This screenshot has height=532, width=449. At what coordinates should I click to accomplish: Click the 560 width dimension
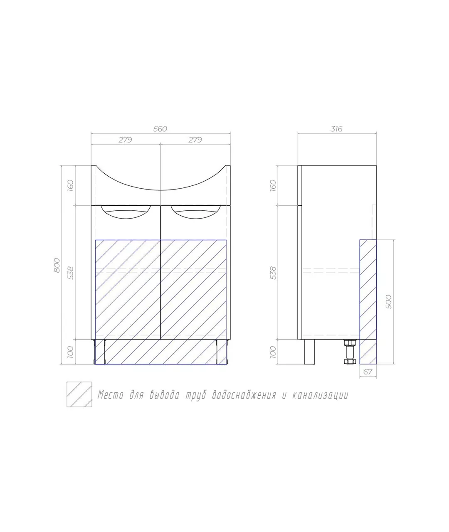[x=160, y=129]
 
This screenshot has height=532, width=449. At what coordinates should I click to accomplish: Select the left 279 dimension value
[x=126, y=140]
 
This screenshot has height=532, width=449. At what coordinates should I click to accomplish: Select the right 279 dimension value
[x=195, y=140]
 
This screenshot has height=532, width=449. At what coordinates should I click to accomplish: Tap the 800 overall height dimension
[x=57, y=265]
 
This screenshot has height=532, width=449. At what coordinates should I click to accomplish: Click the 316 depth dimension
[x=336, y=129]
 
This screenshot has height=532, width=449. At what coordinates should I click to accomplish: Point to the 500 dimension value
[x=389, y=302]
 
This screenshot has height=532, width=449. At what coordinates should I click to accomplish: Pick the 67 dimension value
[x=368, y=372]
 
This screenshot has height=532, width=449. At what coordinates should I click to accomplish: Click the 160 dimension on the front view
[x=70, y=186]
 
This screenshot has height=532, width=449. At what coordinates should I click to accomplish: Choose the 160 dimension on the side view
[x=273, y=186]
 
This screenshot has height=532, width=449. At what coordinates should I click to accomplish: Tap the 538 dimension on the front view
[x=71, y=273]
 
